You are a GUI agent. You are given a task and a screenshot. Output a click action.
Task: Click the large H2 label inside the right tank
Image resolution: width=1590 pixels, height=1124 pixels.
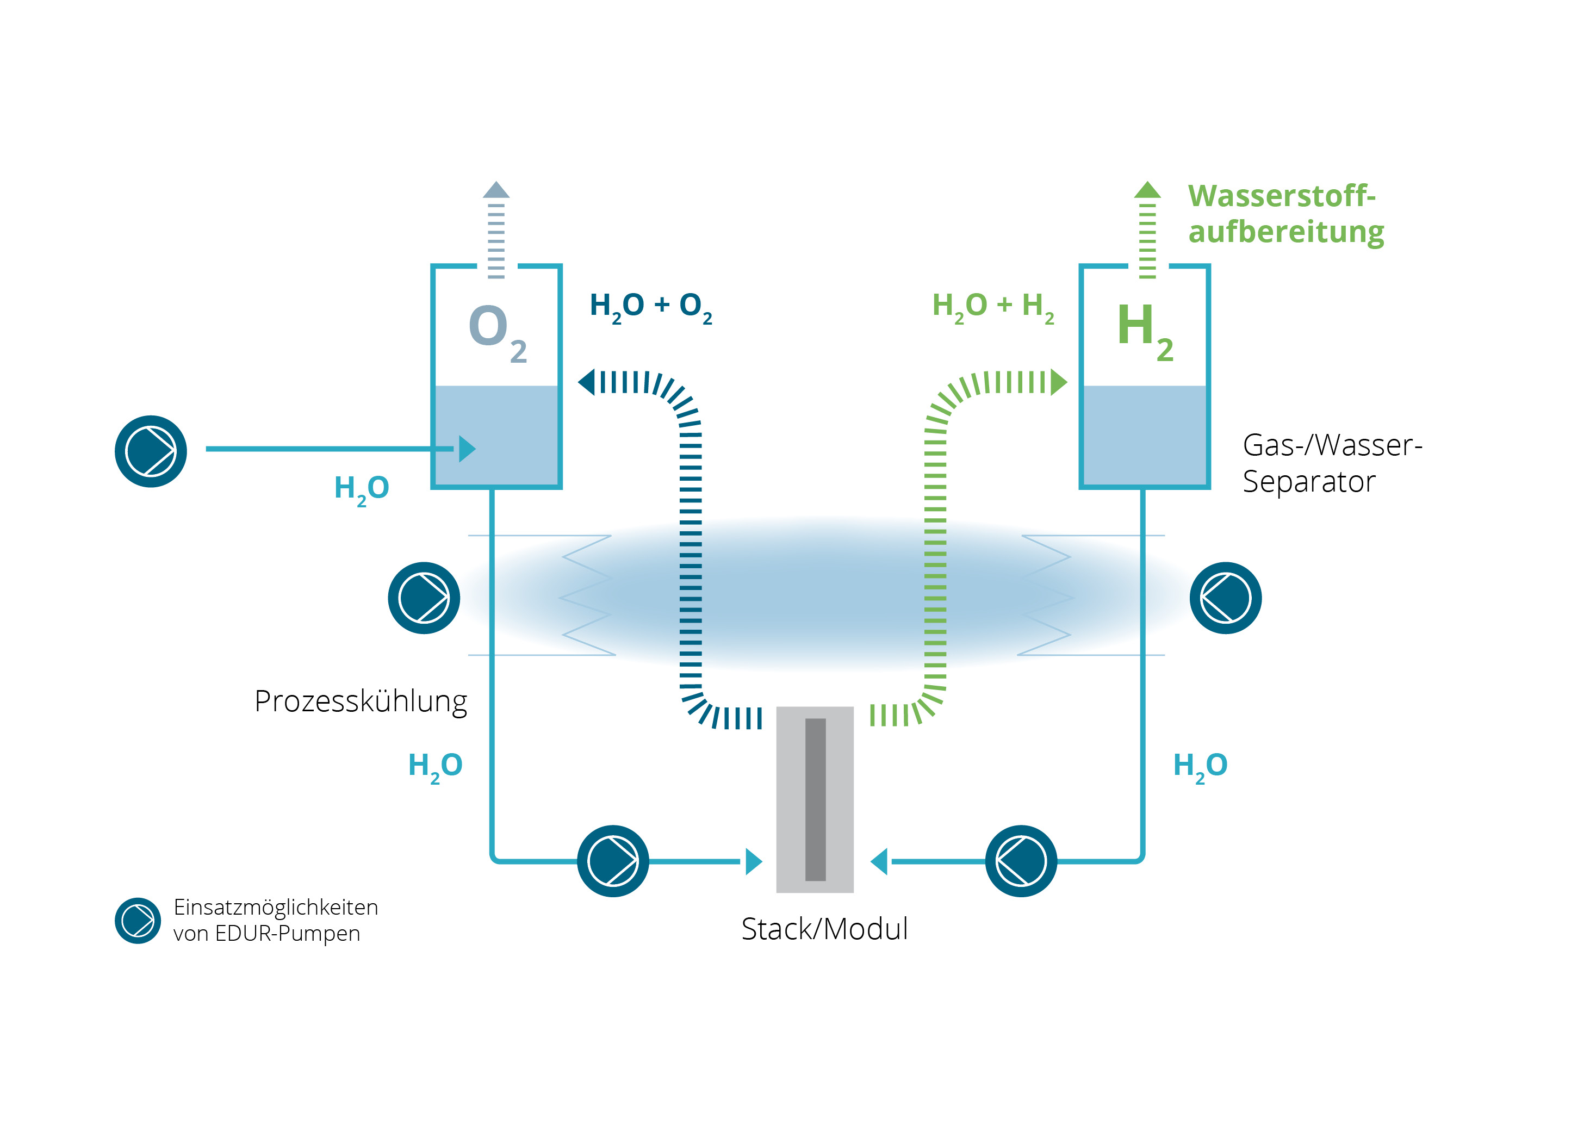[x=1144, y=330]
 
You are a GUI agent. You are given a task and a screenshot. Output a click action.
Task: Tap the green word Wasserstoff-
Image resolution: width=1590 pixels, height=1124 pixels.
[x=1281, y=196]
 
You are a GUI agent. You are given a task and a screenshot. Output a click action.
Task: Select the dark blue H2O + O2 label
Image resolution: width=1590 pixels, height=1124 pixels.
[x=650, y=306]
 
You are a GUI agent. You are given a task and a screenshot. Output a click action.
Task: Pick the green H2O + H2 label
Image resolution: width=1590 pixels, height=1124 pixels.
[x=992, y=306]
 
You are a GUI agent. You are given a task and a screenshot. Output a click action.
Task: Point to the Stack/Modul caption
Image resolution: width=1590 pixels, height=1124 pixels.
[x=824, y=929]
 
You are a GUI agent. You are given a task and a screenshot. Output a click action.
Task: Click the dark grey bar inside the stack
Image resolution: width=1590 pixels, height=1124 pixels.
[x=815, y=799]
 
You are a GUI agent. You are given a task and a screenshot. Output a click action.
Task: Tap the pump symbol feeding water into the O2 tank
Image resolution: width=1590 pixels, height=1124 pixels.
[x=151, y=451]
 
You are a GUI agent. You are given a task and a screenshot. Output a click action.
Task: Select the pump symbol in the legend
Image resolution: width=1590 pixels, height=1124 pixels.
[x=138, y=921]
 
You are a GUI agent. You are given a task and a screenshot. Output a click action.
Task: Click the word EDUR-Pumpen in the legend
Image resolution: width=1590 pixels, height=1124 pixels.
[x=288, y=934]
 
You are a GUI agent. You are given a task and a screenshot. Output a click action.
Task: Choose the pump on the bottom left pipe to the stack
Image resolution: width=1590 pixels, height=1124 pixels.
[x=613, y=861]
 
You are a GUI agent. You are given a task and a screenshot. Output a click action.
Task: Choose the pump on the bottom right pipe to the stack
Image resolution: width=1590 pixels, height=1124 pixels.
[x=1021, y=861]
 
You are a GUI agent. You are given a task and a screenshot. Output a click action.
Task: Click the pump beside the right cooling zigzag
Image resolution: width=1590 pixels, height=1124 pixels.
[x=1225, y=598]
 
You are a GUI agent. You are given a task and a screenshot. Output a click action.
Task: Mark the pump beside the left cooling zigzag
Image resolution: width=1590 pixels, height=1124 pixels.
[x=424, y=598]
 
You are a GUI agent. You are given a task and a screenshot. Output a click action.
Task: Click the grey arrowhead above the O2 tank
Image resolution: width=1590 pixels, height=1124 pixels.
[x=496, y=190]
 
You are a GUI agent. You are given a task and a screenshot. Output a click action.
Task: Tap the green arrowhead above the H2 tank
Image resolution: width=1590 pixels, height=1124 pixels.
[x=1147, y=190]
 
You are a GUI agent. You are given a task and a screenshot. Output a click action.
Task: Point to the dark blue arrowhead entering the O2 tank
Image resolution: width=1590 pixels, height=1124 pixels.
[x=587, y=382]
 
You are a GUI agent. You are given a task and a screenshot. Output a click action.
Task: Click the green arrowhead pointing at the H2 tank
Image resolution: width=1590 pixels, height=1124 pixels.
[x=1059, y=382]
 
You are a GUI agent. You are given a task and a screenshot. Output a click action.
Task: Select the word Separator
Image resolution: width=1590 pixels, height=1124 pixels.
[x=1308, y=481]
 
